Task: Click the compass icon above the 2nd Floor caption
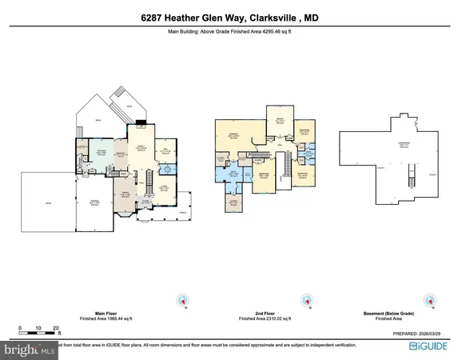click(305, 300)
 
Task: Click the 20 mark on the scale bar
click(56, 328)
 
